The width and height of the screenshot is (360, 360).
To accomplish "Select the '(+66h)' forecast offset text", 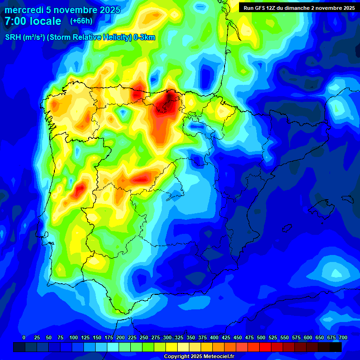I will click(x=81, y=21).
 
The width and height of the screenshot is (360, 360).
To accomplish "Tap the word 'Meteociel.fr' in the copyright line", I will click(x=219, y=357).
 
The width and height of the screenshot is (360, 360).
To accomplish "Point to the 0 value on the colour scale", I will click(x=24, y=337).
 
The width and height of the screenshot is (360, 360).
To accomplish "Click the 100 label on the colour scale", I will click(x=74, y=337).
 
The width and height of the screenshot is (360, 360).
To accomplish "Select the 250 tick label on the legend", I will click(x=144, y=337).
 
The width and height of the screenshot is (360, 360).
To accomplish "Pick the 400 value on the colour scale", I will click(x=214, y=337).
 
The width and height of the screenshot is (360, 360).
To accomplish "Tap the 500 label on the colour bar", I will click(x=261, y=337).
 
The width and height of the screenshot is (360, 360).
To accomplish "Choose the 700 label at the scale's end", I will click(x=343, y=337).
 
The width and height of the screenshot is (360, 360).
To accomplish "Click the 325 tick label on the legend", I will click(x=179, y=337).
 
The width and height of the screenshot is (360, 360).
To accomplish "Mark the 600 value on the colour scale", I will click(x=308, y=337).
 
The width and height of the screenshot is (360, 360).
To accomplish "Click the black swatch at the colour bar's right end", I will click(x=336, y=347).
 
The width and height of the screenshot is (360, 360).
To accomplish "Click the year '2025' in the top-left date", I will click(x=110, y=10).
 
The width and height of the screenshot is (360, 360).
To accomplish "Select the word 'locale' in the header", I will click(x=45, y=22).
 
